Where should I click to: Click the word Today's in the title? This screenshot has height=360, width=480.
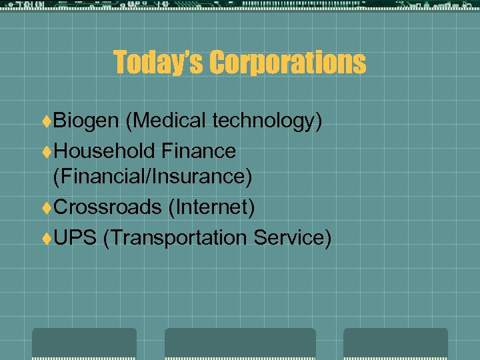[158, 63]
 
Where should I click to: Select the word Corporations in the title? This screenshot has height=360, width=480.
[287, 63]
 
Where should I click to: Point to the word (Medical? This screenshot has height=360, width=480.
[168, 121]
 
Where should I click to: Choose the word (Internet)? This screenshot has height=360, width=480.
[211, 207]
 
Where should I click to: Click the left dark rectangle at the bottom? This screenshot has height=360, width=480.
[84, 343]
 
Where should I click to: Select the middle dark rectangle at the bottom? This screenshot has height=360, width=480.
[240, 343]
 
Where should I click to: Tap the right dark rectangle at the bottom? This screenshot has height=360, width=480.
[395, 343]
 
